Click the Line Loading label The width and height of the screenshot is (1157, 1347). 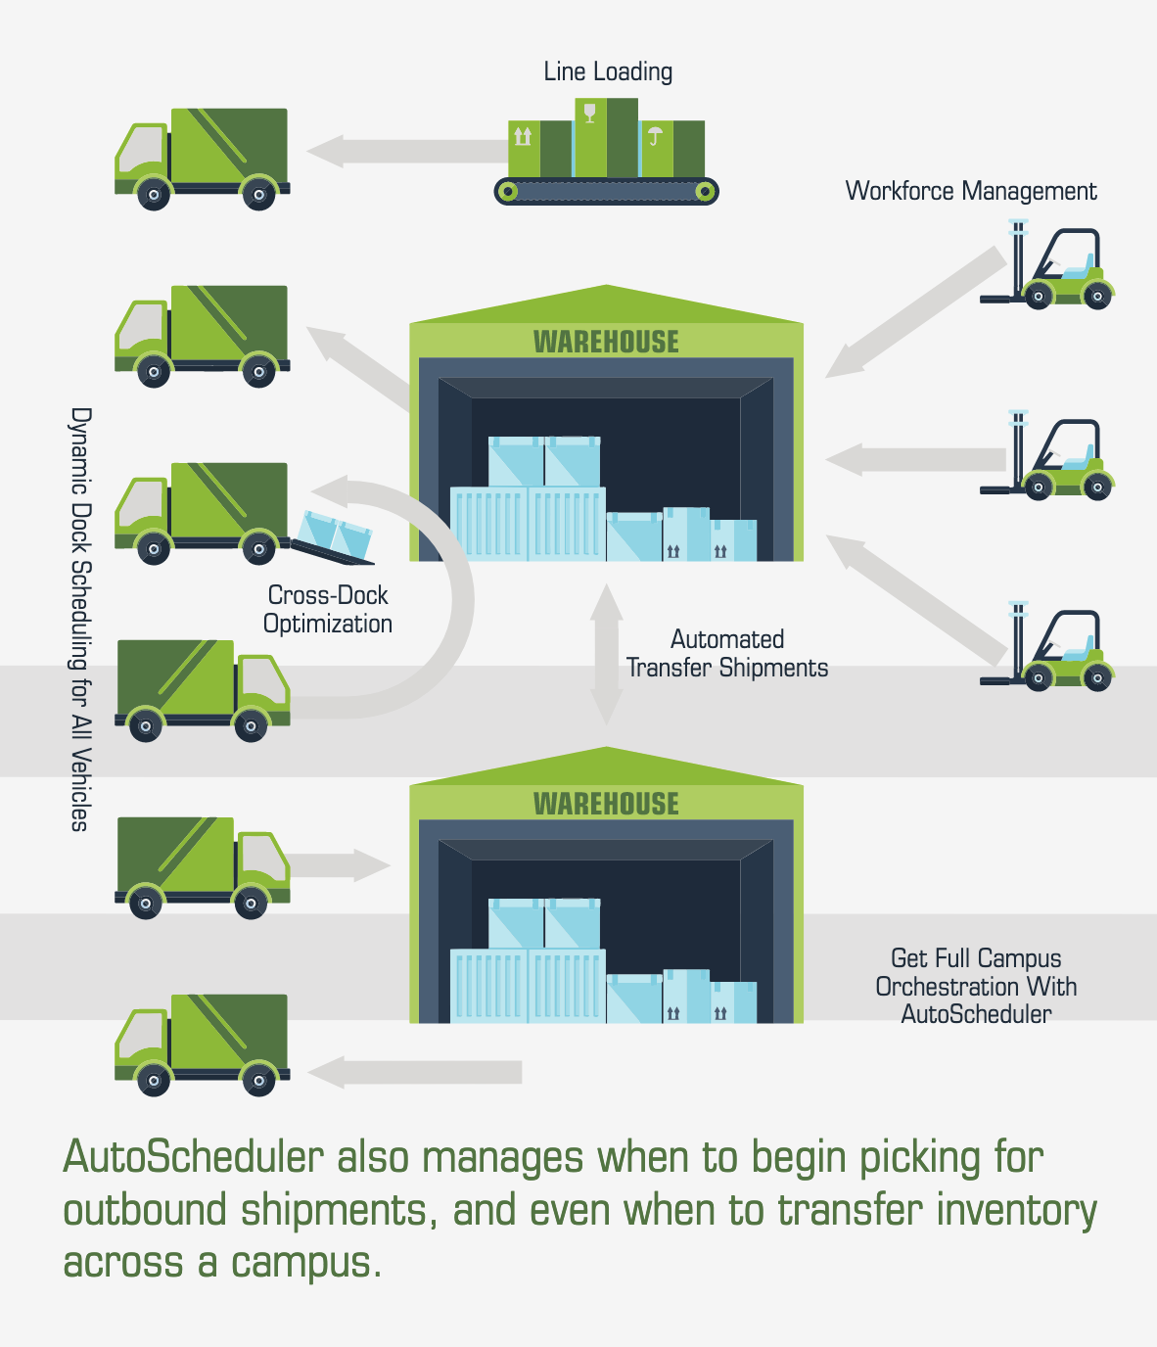click(608, 72)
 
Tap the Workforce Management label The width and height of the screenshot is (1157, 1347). click(970, 191)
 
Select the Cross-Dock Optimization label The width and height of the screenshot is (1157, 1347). click(328, 609)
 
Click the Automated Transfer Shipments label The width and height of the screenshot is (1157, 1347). click(727, 653)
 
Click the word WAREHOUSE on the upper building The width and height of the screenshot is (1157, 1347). click(606, 342)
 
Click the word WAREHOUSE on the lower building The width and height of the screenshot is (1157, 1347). click(606, 804)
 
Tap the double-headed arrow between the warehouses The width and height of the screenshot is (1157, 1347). click(607, 654)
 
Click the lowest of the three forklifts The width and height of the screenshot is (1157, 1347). click(1052, 649)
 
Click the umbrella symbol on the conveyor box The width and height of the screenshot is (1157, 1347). click(655, 136)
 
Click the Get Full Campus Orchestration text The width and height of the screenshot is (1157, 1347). click(976, 986)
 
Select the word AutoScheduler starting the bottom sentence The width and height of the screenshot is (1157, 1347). click(193, 1157)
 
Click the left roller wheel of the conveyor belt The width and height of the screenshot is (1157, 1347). click(507, 191)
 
